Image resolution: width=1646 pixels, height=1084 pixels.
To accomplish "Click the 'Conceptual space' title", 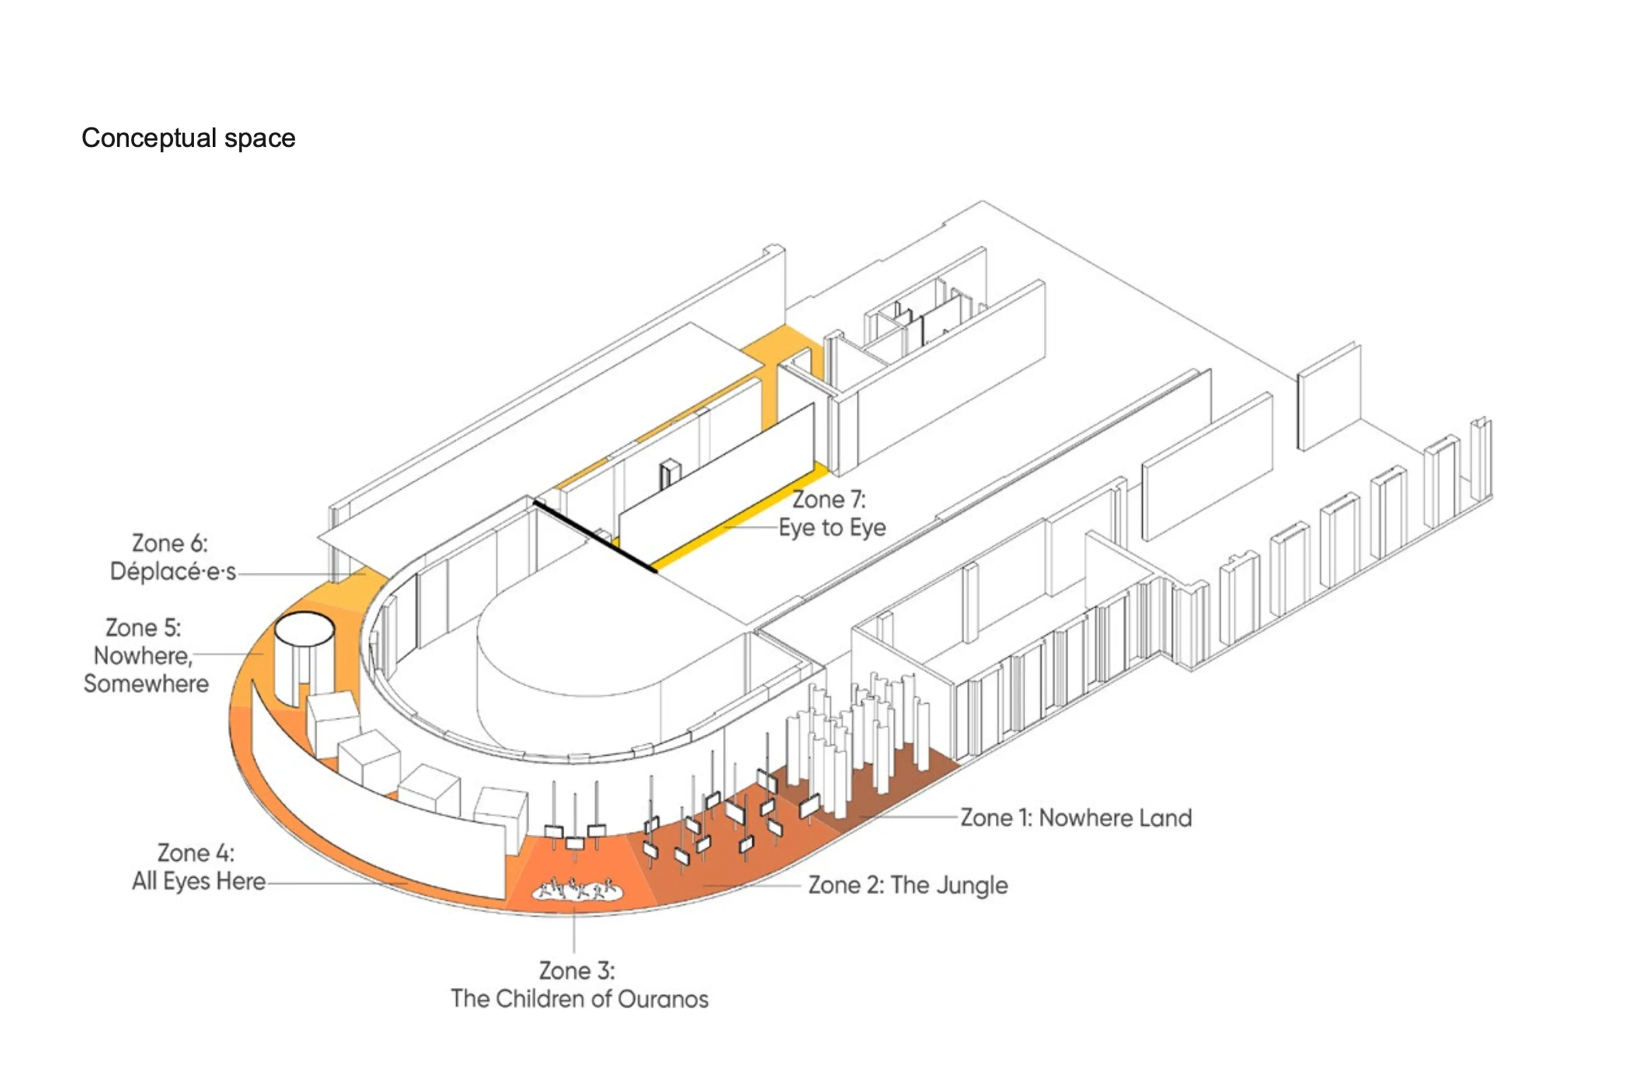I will (x=188, y=138).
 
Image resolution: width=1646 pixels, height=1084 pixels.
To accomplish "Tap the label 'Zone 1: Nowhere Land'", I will (x=1075, y=818).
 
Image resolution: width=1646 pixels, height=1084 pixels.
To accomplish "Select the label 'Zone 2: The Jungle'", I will (x=907, y=885).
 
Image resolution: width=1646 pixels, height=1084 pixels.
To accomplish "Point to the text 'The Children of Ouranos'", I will (x=580, y=999).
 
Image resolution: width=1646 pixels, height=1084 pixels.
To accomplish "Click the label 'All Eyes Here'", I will (x=199, y=882).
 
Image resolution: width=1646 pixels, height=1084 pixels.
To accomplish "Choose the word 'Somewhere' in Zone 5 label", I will (x=146, y=684).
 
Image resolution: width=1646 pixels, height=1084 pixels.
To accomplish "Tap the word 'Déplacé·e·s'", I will (x=173, y=572).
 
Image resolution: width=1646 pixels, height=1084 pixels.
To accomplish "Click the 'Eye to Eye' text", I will (x=832, y=527).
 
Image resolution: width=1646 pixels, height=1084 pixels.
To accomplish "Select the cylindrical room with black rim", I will (x=304, y=657).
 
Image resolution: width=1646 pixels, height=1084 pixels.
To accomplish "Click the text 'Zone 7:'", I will (x=828, y=499).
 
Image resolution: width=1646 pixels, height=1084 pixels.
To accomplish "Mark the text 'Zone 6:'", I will (x=170, y=543).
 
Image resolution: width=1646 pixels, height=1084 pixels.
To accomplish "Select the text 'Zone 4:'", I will (x=196, y=853).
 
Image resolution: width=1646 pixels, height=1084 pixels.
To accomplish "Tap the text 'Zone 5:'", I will (x=143, y=628).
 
